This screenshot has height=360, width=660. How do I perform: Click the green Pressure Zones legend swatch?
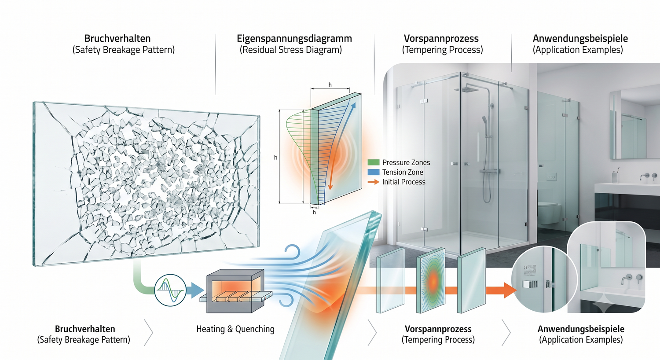pos(373,162)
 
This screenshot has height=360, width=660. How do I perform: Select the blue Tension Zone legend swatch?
pos(373,172)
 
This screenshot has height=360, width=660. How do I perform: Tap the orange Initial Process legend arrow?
pos(373,182)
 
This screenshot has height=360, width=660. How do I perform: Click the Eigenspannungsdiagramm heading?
pos(294,38)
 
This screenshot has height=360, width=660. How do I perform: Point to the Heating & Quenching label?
pos(235,329)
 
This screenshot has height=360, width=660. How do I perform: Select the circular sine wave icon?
pos(170,290)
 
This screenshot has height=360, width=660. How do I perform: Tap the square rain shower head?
pos(471,89)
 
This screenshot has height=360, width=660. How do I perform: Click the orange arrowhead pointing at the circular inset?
pos(510,290)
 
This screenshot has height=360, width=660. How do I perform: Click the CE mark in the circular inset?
pos(525,268)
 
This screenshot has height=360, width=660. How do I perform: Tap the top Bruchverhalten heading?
pos(117,38)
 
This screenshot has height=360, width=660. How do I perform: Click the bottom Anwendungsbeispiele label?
pos(581,329)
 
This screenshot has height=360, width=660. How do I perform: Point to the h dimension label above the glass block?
pos(330,85)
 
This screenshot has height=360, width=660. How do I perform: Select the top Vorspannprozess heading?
pos(441,38)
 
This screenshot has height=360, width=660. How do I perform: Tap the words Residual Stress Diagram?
pos(291,50)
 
